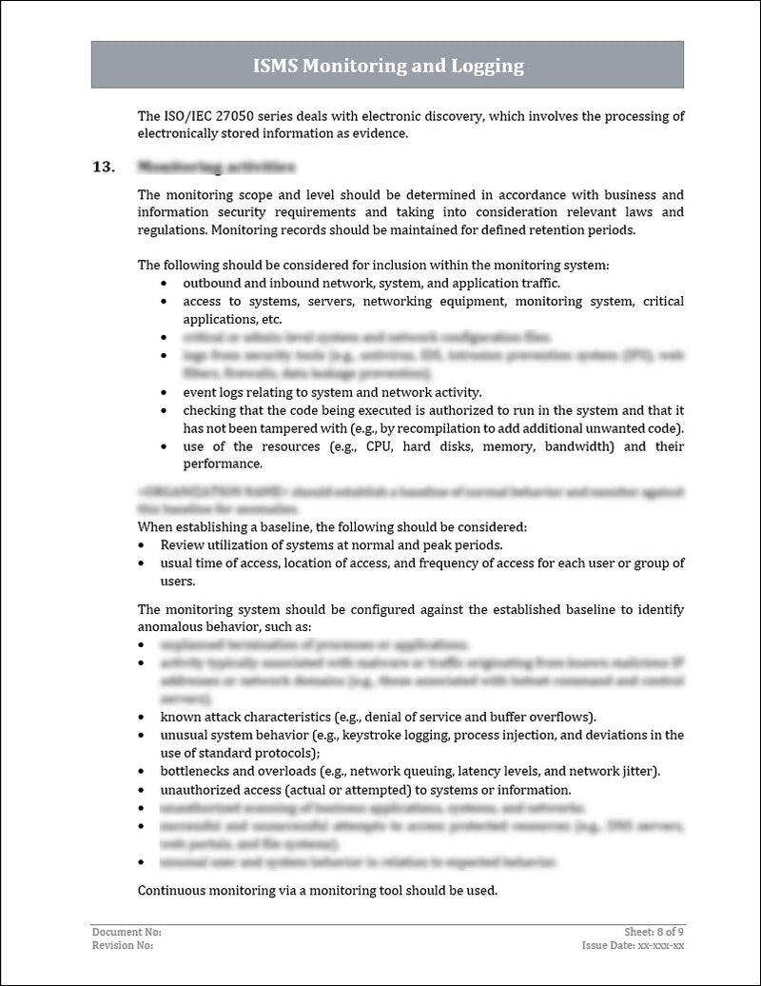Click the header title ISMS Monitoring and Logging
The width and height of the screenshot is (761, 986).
coord(388,66)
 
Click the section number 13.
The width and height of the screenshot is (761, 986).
coord(103,168)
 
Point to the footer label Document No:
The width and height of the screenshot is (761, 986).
coord(127,933)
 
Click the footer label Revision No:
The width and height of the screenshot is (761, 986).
coord(123,945)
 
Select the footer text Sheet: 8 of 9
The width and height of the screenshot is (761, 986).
coord(650,933)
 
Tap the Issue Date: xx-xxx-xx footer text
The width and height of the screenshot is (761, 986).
coord(634,945)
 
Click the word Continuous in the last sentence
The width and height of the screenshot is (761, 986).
coord(169,891)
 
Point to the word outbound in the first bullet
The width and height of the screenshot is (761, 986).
coord(210,284)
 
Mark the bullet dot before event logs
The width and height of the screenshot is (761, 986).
coord(166,392)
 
